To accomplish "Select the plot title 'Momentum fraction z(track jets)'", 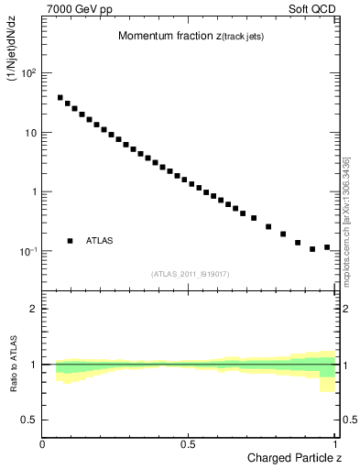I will click(191, 36).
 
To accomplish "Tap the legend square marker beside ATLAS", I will click(70, 241).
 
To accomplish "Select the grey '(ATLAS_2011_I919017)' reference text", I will click(191, 273).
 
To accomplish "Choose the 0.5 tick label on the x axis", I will click(189, 444).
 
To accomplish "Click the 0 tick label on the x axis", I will click(43, 444).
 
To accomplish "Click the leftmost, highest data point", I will click(60, 97).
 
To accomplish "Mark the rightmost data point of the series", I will click(327, 247).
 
